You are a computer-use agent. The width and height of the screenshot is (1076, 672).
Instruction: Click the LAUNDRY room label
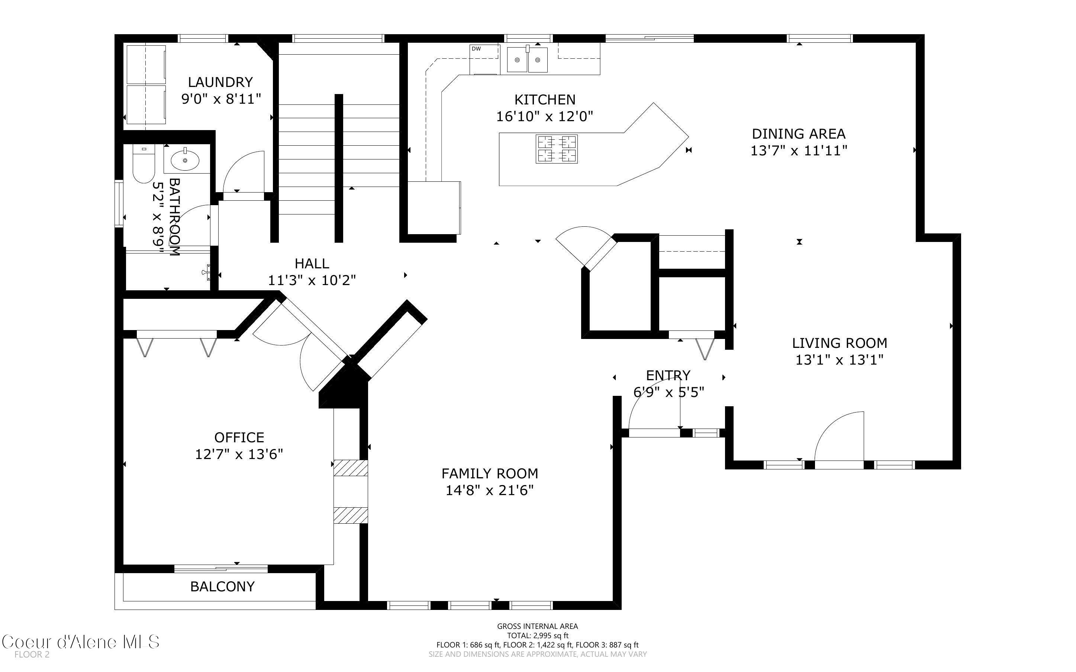tap(220, 82)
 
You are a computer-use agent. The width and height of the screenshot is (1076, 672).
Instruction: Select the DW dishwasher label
tap(476, 49)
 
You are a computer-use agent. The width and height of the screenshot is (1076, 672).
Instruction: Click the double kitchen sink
tap(527, 59)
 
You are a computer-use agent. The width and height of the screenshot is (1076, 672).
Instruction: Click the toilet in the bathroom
tap(143, 164)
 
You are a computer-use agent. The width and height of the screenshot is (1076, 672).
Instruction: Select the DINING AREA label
tap(798, 134)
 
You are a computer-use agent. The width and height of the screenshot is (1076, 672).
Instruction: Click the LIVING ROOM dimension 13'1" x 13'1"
tap(839, 359)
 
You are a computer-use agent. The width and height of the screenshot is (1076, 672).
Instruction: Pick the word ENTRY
tap(668, 375)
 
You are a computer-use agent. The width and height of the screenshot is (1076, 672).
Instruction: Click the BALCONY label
tap(222, 587)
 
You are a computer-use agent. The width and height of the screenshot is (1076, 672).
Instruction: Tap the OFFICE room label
tap(239, 437)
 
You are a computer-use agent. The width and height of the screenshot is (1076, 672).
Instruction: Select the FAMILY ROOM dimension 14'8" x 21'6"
tap(489, 490)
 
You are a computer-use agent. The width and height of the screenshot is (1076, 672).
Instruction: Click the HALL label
tap(312, 264)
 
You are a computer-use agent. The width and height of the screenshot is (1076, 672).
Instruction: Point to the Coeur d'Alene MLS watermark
tap(80, 642)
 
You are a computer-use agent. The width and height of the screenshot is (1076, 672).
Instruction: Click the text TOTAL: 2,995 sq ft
tap(537, 636)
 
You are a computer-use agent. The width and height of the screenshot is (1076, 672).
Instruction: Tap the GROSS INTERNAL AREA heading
tap(537, 626)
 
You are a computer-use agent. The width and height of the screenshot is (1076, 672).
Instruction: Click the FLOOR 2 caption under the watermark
tap(32, 655)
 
